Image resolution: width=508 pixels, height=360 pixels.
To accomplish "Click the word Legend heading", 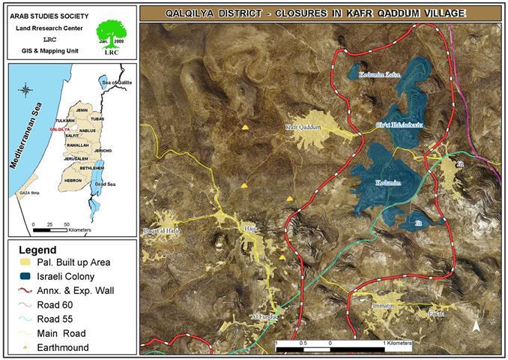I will pos(38,248).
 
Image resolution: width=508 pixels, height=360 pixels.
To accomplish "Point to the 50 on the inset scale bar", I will pos(67,224).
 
